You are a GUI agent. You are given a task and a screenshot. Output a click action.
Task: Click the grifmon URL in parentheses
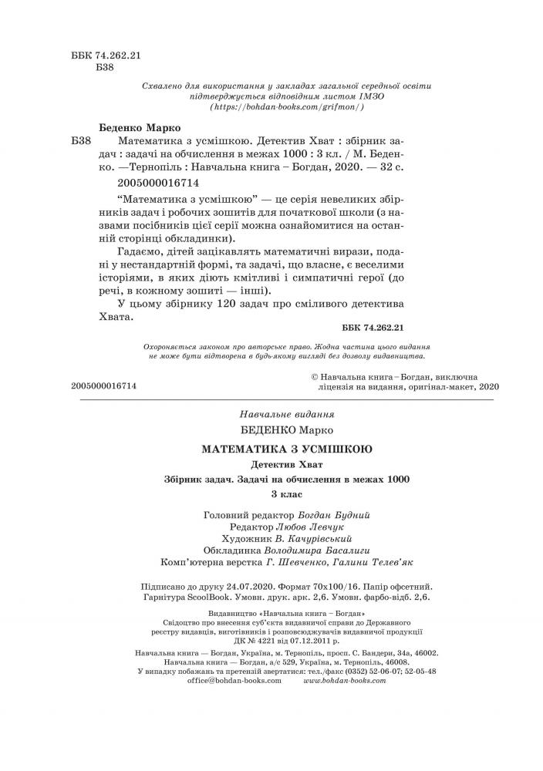tap(286, 108)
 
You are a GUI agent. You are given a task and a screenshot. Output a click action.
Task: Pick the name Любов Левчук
tap(332, 527)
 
